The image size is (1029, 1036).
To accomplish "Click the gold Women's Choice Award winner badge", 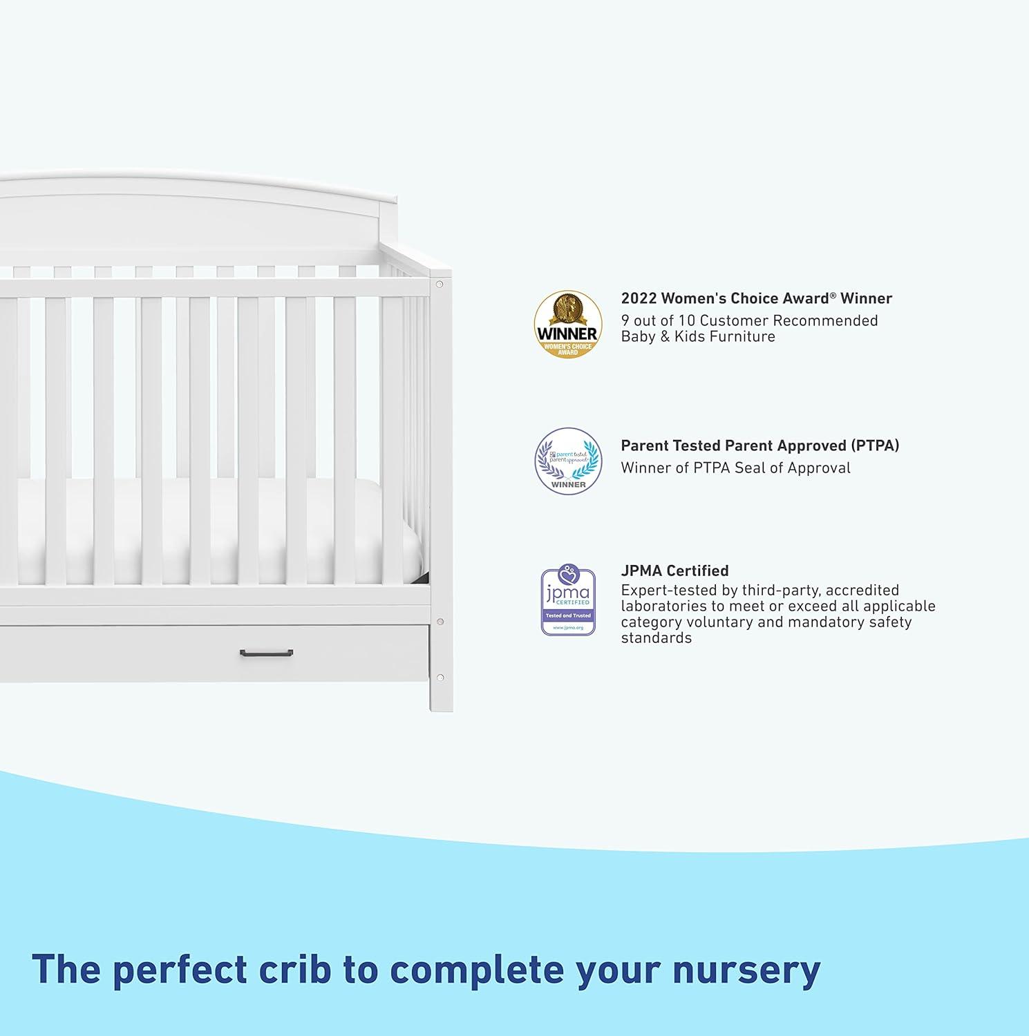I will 567,324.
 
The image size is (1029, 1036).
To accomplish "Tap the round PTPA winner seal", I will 568,461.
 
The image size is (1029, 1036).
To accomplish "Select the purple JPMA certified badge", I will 568,600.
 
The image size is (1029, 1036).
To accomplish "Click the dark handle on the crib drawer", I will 266,653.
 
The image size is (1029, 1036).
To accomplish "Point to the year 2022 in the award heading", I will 638,298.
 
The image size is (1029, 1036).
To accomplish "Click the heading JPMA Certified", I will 674,570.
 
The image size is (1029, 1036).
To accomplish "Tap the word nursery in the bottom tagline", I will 746,969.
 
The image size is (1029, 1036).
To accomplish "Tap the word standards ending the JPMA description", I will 656,637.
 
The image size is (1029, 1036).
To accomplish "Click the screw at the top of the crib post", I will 440,284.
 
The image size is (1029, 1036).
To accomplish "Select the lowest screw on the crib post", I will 440,677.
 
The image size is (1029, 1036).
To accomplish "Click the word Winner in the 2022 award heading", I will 867,298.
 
